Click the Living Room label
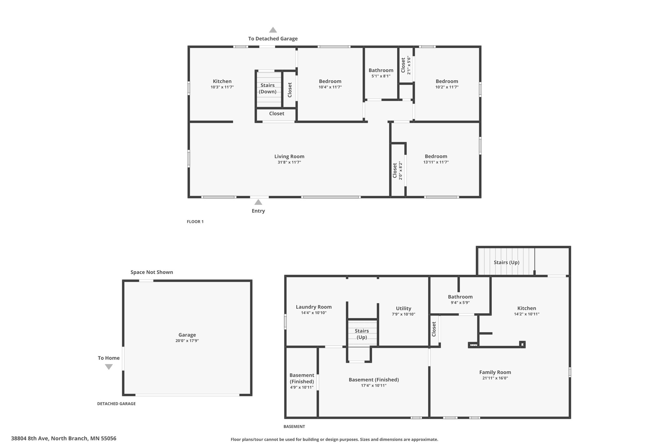pos(289,157)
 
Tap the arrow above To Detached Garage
pos(273,30)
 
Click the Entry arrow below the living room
pos(258,202)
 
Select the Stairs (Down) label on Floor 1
pos(268,88)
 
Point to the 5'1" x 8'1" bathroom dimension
pos(381,76)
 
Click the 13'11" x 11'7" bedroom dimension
pos(436,162)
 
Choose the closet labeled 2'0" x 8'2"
pos(397,170)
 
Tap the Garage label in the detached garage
pos(187,335)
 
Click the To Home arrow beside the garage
pos(109,367)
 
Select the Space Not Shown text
pos(152,272)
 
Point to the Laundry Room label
pos(314,307)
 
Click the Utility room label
pos(403,308)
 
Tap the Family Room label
pos(495,372)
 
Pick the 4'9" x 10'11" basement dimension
pos(302,388)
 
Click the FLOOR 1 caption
pos(195,222)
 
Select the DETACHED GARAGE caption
pos(116,404)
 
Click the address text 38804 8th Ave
pos(63,438)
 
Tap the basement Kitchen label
pos(527,308)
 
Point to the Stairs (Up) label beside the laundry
pos(362,334)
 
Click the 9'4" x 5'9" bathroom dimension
pos(460,303)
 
